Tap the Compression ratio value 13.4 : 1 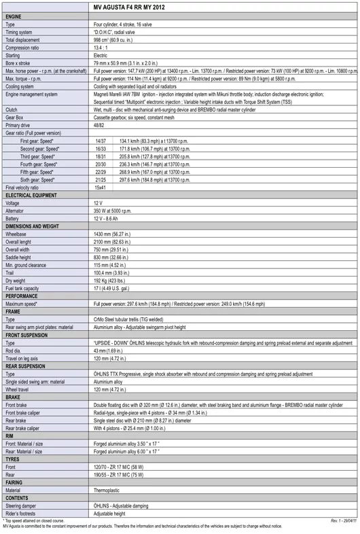click(x=103, y=48)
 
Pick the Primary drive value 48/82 click(x=100, y=125)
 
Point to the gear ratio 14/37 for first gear click(x=101, y=141)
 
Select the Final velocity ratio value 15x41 click(x=101, y=188)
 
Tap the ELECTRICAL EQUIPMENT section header click(x=32, y=195)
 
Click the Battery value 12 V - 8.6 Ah click(x=110, y=219)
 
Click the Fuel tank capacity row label click(x=22, y=289)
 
